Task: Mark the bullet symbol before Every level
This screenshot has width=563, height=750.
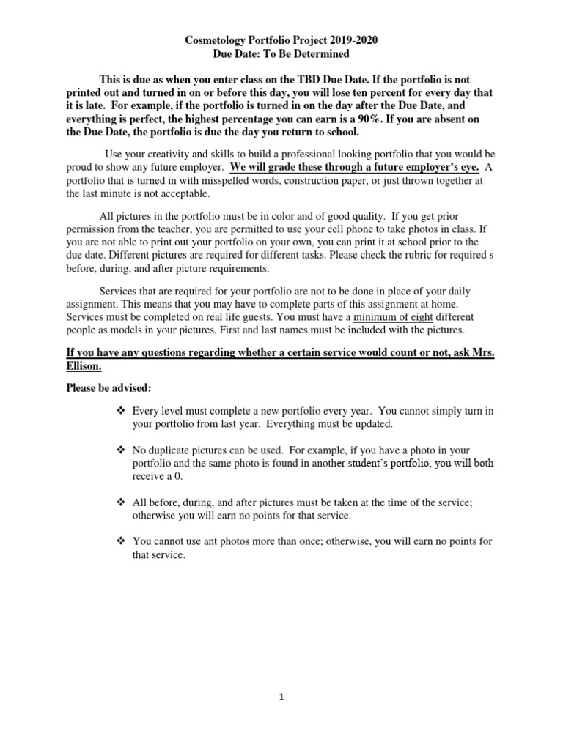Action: tap(121, 411)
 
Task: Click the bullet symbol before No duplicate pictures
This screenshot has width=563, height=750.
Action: tap(121, 449)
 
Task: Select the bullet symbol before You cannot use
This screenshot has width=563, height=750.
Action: tap(121, 541)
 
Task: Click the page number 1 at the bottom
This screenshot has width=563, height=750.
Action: tap(281, 698)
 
